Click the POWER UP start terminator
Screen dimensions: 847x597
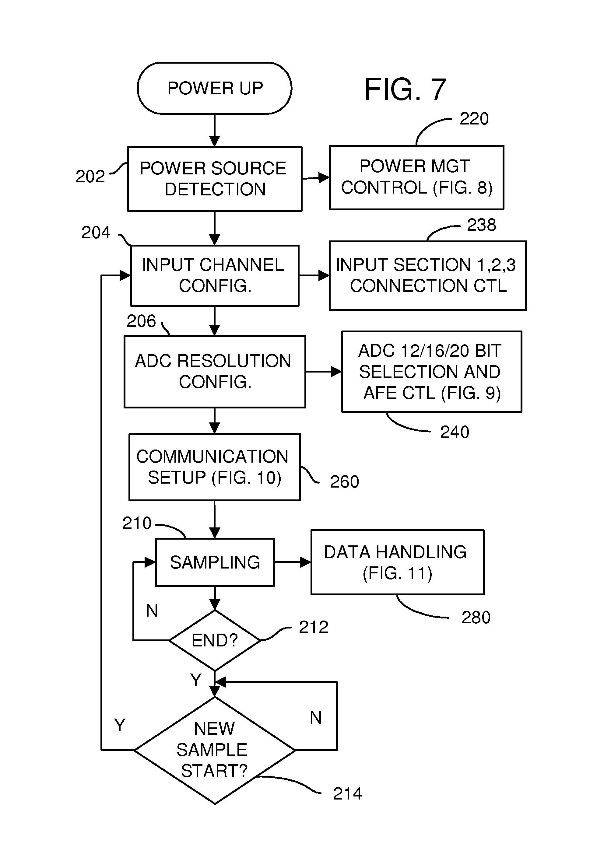[x=214, y=88]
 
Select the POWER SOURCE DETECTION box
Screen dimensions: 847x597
[x=215, y=179]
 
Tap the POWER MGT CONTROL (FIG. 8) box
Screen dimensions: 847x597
[x=416, y=177]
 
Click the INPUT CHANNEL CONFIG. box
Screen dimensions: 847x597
[x=214, y=275]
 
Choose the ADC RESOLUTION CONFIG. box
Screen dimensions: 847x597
[x=214, y=372]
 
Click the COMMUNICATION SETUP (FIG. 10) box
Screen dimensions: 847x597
[x=214, y=467]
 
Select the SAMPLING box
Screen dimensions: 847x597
[x=215, y=562]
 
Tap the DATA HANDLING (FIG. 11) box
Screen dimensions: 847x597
[x=397, y=562]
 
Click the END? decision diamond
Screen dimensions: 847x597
[x=215, y=640]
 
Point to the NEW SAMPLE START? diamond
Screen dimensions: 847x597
[x=215, y=750]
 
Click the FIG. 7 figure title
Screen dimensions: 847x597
[x=405, y=90]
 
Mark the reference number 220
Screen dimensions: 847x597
[x=474, y=119]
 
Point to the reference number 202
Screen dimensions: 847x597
[x=90, y=176]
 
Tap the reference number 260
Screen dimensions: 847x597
[x=344, y=482]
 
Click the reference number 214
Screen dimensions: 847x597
[x=347, y=794]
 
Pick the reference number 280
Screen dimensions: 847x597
[x=476, y=618]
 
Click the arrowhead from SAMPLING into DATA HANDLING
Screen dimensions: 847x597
[x=306, y=562]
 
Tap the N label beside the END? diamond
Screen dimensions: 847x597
[x=152, y=611]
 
